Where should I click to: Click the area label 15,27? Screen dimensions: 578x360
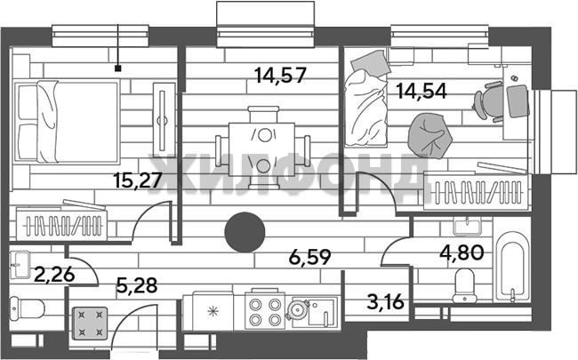coord(138,180)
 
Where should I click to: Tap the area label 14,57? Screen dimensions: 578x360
coord(280,76)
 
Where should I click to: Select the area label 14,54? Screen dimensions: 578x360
coord(421,91)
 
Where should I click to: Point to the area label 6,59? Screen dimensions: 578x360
coord(309,257)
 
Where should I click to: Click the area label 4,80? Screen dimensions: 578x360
coord(462,252)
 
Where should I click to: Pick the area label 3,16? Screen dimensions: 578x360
coord(385,302)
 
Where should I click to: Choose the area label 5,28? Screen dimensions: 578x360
coord(137,284)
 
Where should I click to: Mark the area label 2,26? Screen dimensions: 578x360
coord(54,274)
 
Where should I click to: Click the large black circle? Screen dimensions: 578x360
coord(245,232)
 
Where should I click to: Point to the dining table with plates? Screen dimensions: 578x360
coord(262,149)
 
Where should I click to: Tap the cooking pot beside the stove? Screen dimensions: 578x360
coord(297,308)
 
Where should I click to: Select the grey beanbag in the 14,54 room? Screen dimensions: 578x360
coord(429,135)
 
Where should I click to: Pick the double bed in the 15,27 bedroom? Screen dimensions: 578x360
coord(67,122)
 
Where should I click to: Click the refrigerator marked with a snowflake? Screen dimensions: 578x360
coord(213,311)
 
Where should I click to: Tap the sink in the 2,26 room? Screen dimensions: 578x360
coord(20,265)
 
